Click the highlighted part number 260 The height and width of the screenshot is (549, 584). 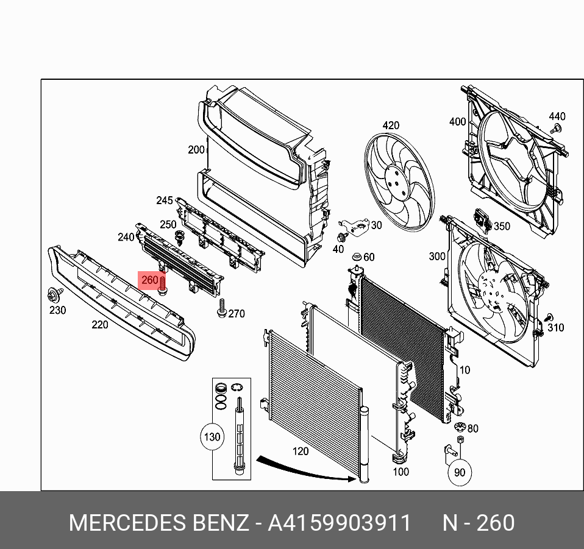(150, 281)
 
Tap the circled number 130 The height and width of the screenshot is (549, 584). (212, 437)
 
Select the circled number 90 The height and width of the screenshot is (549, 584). (459, 472)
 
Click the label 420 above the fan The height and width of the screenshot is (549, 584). (391, 126)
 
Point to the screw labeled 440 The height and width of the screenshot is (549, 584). (556, 129)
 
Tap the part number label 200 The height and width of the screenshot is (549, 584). (196, 150)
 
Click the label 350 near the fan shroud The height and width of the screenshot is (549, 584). (502, 227)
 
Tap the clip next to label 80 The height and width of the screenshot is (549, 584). (460, 426)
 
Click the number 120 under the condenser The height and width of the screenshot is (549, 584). (301, 452)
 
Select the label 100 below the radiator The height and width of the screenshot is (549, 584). (401, 471)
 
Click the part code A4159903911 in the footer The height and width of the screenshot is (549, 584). (340, 523)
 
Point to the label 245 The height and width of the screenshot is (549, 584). (165, 200)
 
